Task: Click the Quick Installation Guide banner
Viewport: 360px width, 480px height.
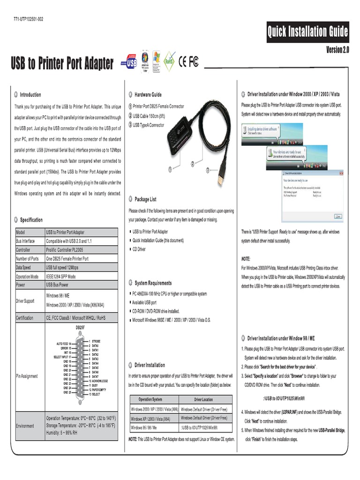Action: pyautogui.click(x=307, y=32)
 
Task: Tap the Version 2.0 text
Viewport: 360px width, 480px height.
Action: pyautogui.click(x=337, y=50)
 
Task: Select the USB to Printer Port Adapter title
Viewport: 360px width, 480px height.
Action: pyautogui.click(x=62, y=64)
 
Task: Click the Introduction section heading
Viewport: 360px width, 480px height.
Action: pyautogui.click(x=30, y=95)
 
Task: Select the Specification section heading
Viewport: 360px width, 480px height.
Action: pyautogui.click(x=31, y=220)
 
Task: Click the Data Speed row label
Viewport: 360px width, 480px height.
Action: pyautogui.click(x=27, y=268)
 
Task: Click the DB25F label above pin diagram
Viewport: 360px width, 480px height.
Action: pyautogui.click(x=80, y=327)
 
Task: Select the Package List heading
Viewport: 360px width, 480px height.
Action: pyautogui.click(x=145, y=199)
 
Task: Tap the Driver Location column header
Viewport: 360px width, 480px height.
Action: pyautogui.click(x=203, y=399)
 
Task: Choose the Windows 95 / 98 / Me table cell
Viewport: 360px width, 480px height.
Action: pyautogui.click(x=144, y=428)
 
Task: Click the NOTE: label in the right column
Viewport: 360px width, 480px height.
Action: pyautogui.click(x=246, y=259)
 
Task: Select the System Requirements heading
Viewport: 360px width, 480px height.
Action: pyautogui.click(x=153, y=283)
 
